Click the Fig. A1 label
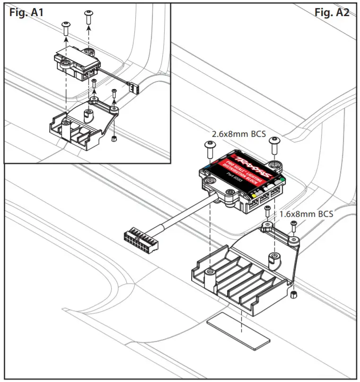(26, 13)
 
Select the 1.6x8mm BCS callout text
(306, 213)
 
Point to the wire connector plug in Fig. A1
(132, 85)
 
